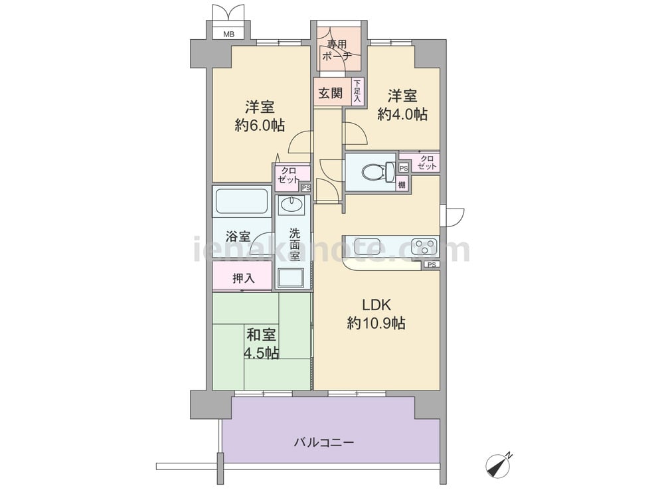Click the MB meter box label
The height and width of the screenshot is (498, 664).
point(228,35)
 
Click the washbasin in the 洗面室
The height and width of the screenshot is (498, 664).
point(291,205)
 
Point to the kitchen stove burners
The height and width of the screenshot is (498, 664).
point(424,246)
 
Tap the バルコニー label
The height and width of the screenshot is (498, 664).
point(324,443)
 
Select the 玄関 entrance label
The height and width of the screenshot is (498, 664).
point(330,93)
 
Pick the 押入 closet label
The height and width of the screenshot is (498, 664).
point(244,278)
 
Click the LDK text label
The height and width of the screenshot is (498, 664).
point(376,305)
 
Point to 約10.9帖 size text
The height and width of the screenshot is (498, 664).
point(376,323)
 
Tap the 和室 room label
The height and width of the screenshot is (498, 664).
point(261,335)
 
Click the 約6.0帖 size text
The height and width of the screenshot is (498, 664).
point(260,125)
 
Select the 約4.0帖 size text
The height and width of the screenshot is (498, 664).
point(402,114)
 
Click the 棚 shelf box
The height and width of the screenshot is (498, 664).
point(402,185)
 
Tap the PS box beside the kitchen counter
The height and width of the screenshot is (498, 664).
point(432,265)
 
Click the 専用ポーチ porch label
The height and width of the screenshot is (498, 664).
point(337,50)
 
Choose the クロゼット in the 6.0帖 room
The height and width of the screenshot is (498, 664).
point(288,175)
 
